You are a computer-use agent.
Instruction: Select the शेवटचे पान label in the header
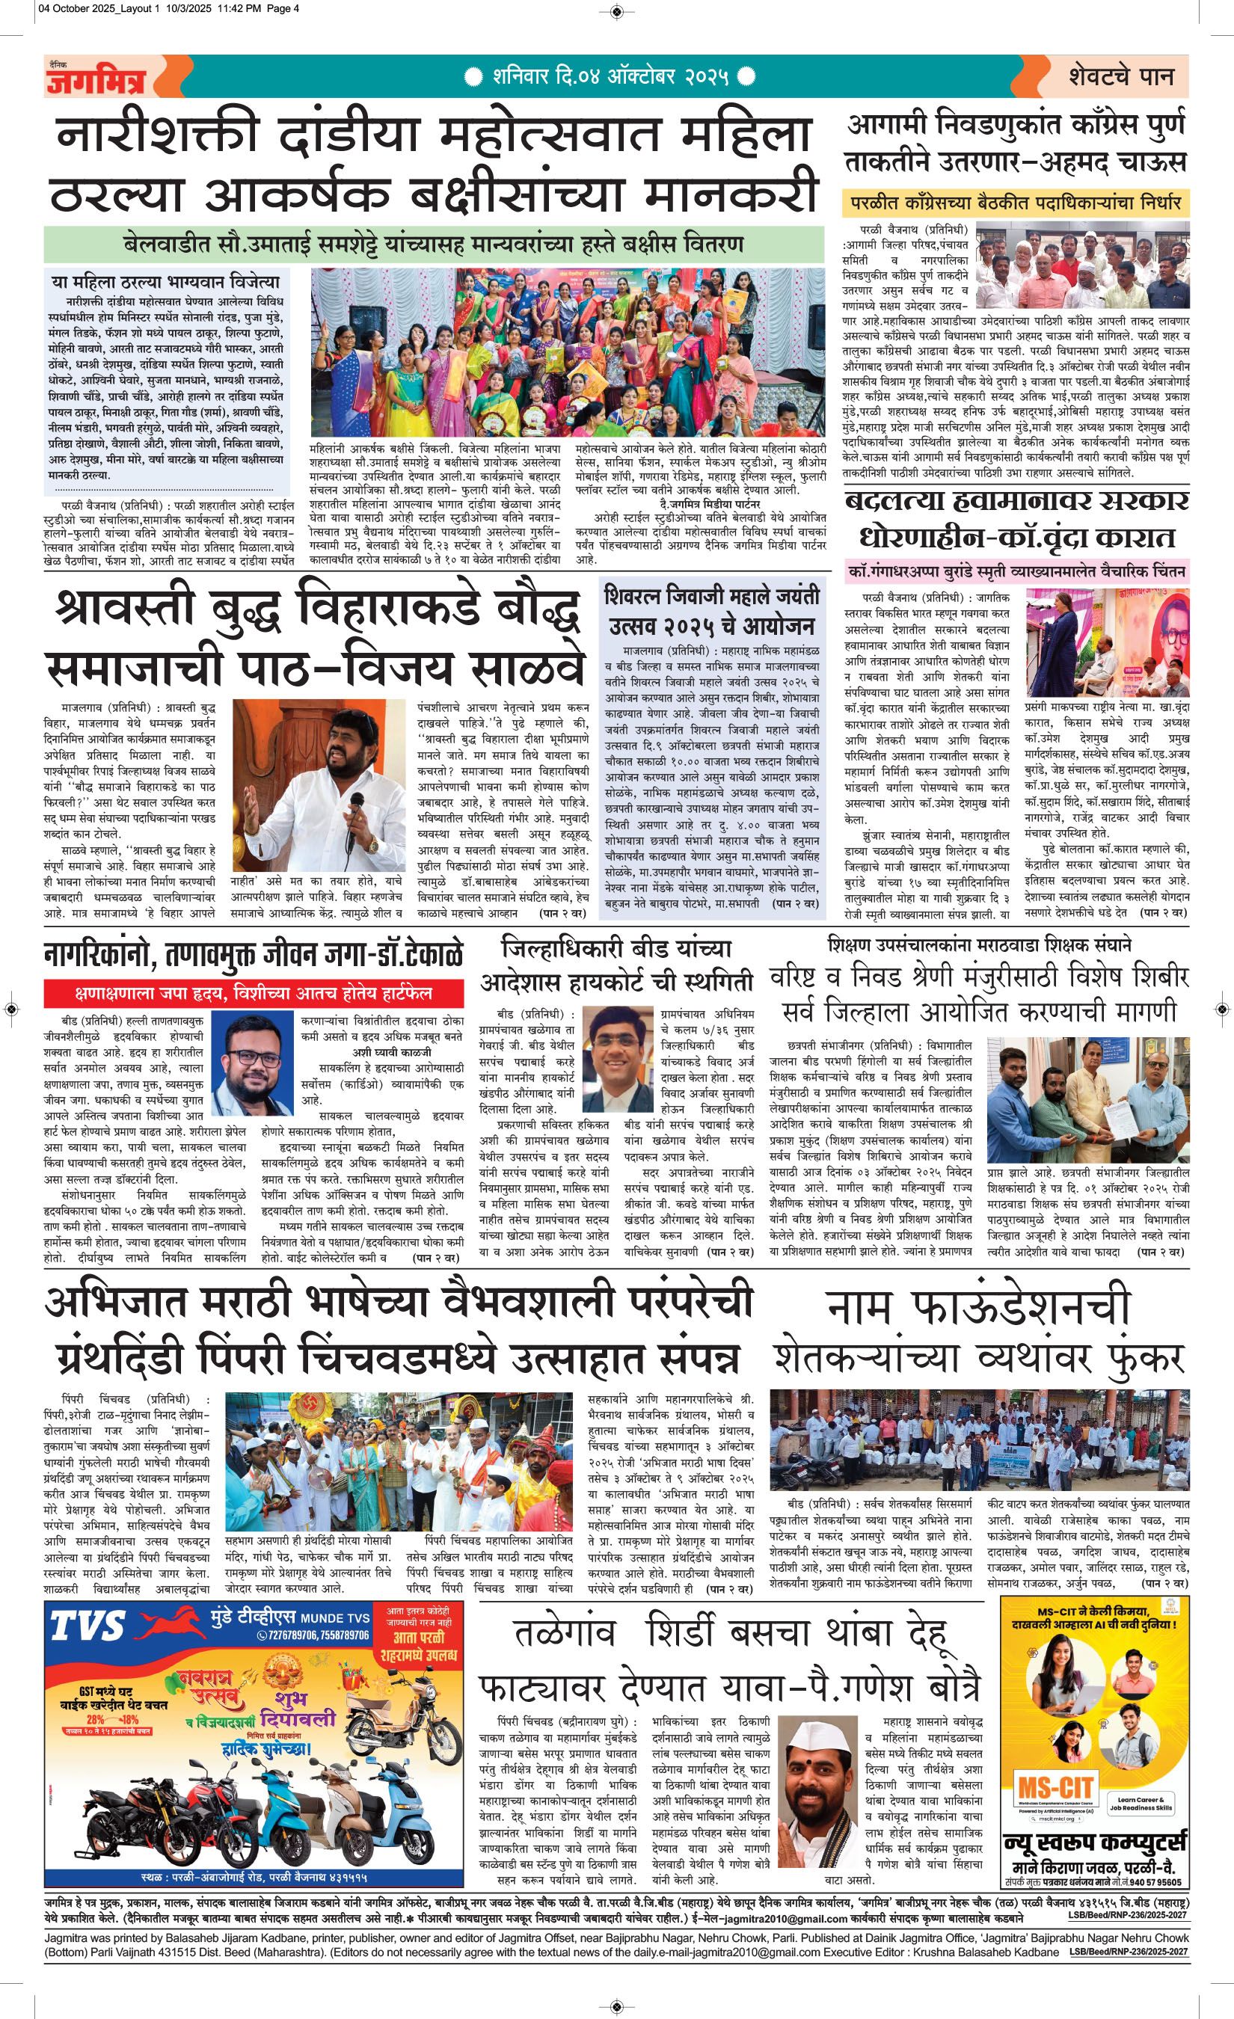(x=1121, y=76)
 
